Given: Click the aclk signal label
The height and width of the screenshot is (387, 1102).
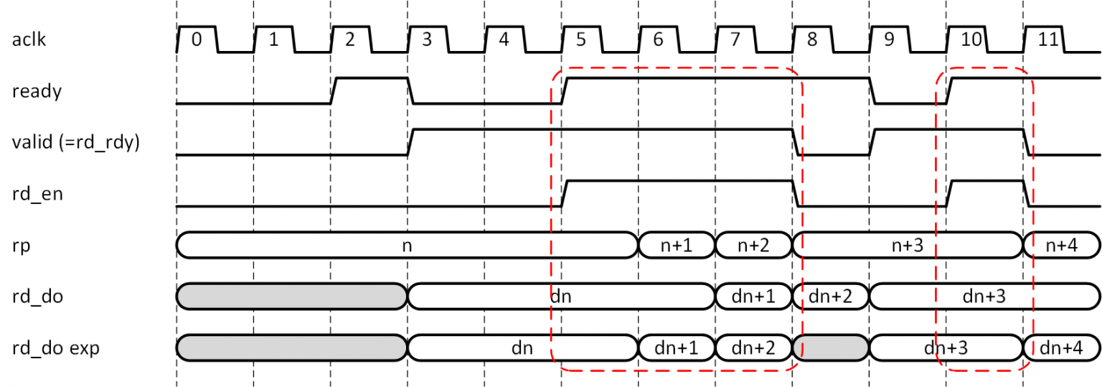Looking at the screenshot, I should (29, 40).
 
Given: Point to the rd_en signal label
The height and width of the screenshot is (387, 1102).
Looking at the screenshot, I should (37, 195).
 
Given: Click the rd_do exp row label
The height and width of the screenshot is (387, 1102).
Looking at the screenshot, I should (55, 349).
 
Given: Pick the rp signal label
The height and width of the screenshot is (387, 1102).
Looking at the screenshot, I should (21, 246).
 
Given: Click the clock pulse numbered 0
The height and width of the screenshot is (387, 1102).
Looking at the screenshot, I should (197, 40).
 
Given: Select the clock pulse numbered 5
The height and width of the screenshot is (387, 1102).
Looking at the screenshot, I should (581, 40).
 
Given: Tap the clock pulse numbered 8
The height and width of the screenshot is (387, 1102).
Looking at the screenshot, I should (811, 40).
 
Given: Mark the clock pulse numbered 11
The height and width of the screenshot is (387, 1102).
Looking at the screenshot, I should (1047, 40).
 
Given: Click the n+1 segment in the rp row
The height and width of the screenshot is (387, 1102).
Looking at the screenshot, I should (676, 246).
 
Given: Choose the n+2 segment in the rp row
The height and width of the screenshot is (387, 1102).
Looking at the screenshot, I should (753, 246).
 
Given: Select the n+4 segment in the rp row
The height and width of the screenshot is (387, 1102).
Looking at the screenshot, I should (1061, 246).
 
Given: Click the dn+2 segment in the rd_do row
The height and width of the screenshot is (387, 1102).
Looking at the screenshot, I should (830, 296).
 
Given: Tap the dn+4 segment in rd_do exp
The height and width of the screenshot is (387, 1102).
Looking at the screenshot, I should (1061, 348).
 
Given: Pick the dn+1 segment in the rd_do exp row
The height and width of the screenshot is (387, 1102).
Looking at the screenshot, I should (676, 348).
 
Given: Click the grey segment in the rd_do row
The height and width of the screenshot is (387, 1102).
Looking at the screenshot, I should (292, 296).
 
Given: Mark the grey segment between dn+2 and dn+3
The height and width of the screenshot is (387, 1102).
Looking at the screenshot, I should (830, 348).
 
